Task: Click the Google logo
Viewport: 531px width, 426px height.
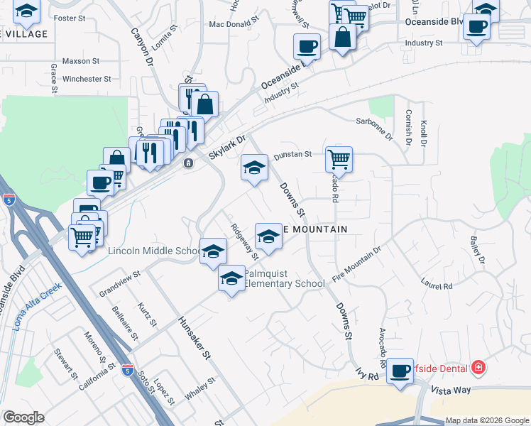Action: point(23,417)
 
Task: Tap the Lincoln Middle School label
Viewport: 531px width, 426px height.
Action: point(155,251)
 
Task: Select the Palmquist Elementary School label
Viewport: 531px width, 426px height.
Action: point(285,278)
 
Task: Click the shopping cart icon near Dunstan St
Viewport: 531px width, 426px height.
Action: point(339,159)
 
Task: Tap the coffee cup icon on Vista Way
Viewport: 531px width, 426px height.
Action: point(401,370)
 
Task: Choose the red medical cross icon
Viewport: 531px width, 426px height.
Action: point(478,367)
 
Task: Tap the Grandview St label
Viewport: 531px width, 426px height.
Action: point(120,284)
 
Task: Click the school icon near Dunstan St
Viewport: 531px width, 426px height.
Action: point(254,167)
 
